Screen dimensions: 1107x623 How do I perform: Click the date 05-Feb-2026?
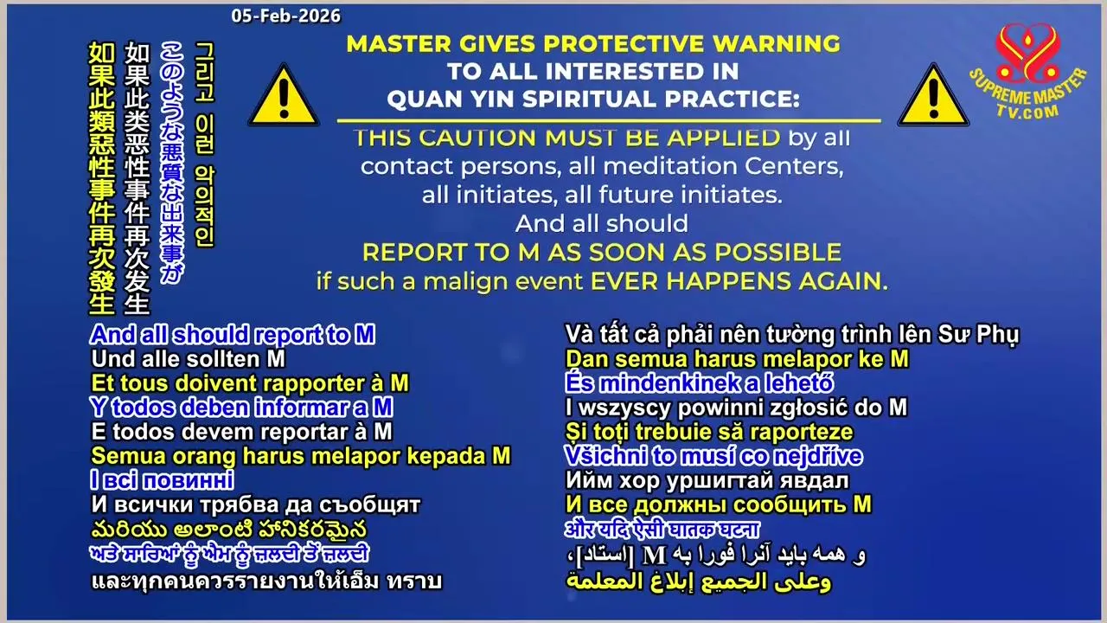tap(285, 16)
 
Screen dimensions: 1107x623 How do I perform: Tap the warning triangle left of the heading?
tap(284, 96)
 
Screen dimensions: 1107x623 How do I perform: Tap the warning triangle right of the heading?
tap(933, 96)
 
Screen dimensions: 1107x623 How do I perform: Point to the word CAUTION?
tap(480, 138)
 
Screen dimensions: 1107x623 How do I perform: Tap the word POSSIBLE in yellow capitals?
tap(777, 253)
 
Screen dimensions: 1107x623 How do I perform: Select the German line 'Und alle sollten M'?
tap(189, 359)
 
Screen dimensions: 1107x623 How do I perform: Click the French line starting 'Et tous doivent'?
tap(250, 383)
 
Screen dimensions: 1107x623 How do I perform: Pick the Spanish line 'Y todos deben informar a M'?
tap(241, 408)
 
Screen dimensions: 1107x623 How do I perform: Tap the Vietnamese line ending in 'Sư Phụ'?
tap(791, 336)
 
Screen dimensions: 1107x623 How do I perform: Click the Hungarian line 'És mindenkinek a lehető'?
tap(700, 383)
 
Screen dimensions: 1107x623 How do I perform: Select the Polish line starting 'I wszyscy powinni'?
tap(736, 408)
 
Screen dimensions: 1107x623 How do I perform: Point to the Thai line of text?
tap(266, 581)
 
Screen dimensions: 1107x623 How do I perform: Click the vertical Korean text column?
tap(205, 145)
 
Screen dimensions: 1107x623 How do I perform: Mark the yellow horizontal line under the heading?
tap(609, 120)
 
